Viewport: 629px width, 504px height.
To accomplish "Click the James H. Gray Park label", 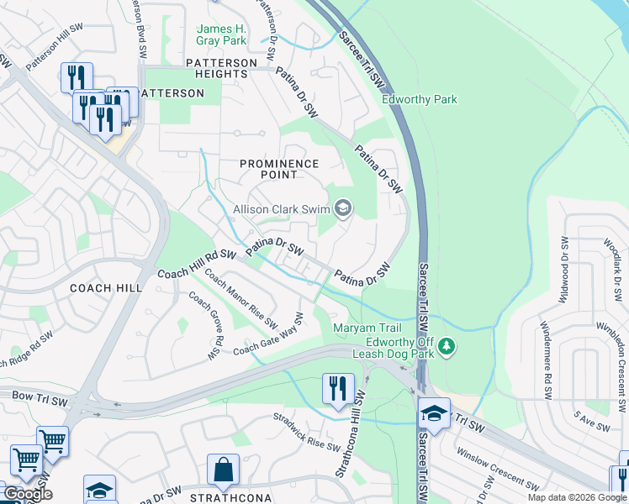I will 221,34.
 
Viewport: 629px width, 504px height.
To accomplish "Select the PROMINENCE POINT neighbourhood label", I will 279,169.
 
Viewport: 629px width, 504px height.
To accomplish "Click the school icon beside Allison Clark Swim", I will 343,207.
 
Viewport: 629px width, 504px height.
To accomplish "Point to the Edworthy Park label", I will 420,99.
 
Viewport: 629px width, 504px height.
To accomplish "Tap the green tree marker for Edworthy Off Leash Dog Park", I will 448,345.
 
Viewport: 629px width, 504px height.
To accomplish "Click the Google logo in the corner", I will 27,493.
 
